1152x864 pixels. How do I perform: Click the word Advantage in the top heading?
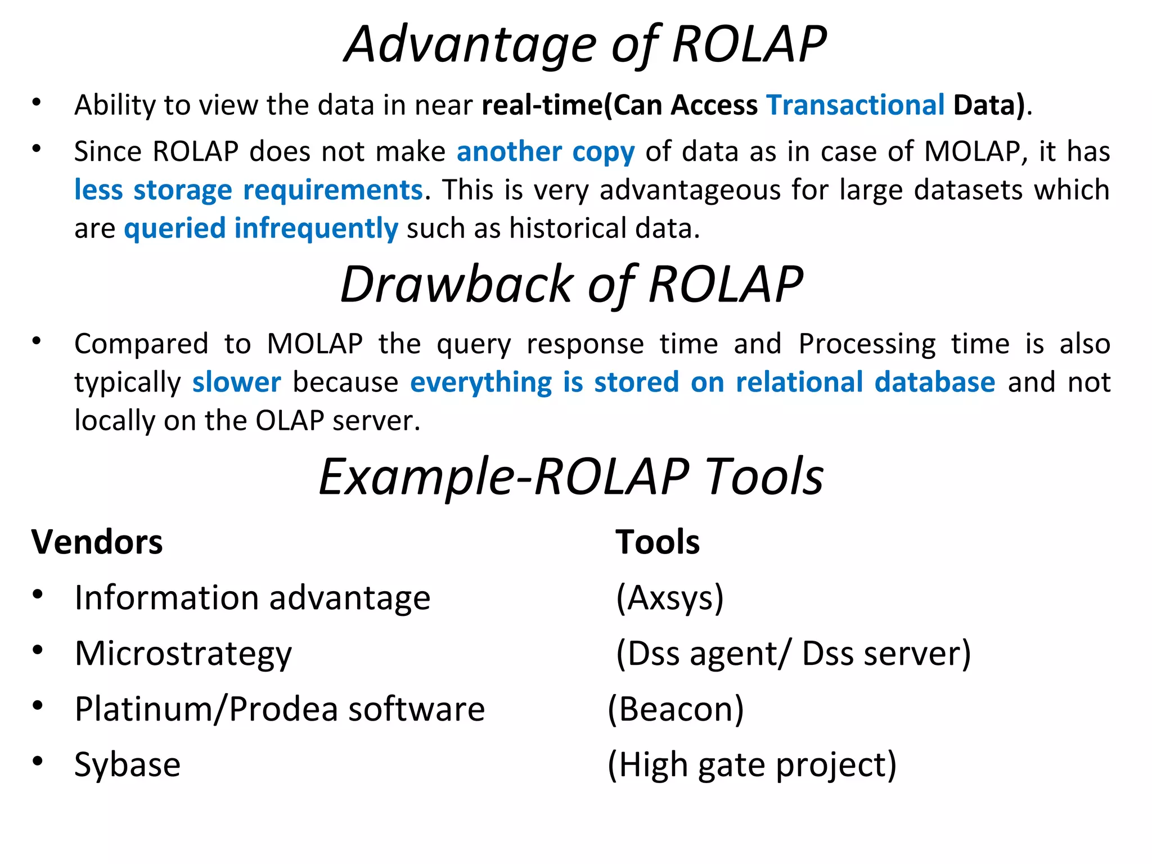point(470,45)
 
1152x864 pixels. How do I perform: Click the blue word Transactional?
point(855,105)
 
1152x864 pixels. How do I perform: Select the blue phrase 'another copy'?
point(545,152)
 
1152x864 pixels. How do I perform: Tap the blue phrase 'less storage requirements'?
point(248,190)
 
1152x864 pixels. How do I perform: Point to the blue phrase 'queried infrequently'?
point(261,228)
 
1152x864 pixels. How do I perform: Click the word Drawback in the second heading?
point(457,285)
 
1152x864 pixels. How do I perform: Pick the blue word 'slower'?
point(236,382)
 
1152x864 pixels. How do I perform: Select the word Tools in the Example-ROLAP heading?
point(764,477)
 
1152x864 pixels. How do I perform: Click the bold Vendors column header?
point(97,542)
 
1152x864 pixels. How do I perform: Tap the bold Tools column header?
point(657,542)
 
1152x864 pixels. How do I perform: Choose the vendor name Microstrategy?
point(183,654)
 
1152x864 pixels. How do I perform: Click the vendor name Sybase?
point(127,765)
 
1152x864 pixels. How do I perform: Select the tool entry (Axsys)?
point(669,598)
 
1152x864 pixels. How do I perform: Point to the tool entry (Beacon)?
point(676,709)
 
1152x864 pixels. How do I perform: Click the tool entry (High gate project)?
point(751,765)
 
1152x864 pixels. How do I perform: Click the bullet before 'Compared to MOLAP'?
point(37,341)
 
